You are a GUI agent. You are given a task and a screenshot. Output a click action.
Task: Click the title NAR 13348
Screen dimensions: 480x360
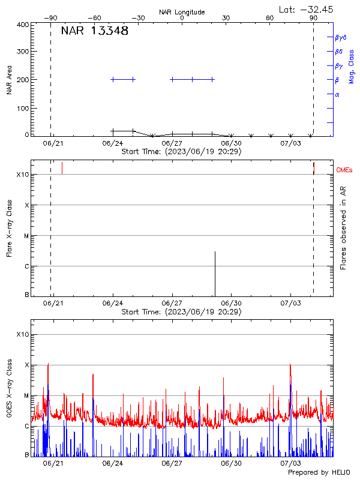94,31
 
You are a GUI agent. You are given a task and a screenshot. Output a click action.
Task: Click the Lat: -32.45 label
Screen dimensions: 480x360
307,9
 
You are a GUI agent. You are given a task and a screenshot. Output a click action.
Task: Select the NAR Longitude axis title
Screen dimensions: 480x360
182,12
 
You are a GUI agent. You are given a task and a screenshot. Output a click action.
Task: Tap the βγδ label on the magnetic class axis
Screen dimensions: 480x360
340,37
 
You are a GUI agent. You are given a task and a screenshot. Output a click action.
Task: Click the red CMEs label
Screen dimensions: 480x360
344,170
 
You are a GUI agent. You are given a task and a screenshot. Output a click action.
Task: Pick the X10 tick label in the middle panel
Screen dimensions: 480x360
23,175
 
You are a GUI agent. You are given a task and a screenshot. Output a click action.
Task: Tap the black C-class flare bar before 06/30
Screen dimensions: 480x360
215,273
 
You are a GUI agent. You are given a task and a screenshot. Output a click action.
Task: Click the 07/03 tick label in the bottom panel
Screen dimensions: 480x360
290,463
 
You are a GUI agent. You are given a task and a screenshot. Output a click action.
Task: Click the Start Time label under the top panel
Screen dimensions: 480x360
181,152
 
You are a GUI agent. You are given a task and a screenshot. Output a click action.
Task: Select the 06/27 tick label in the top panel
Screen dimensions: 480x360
172,143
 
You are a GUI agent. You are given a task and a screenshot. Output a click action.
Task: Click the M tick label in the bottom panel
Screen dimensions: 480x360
26,395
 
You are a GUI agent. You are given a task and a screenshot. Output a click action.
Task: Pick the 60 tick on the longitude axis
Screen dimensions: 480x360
270,19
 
